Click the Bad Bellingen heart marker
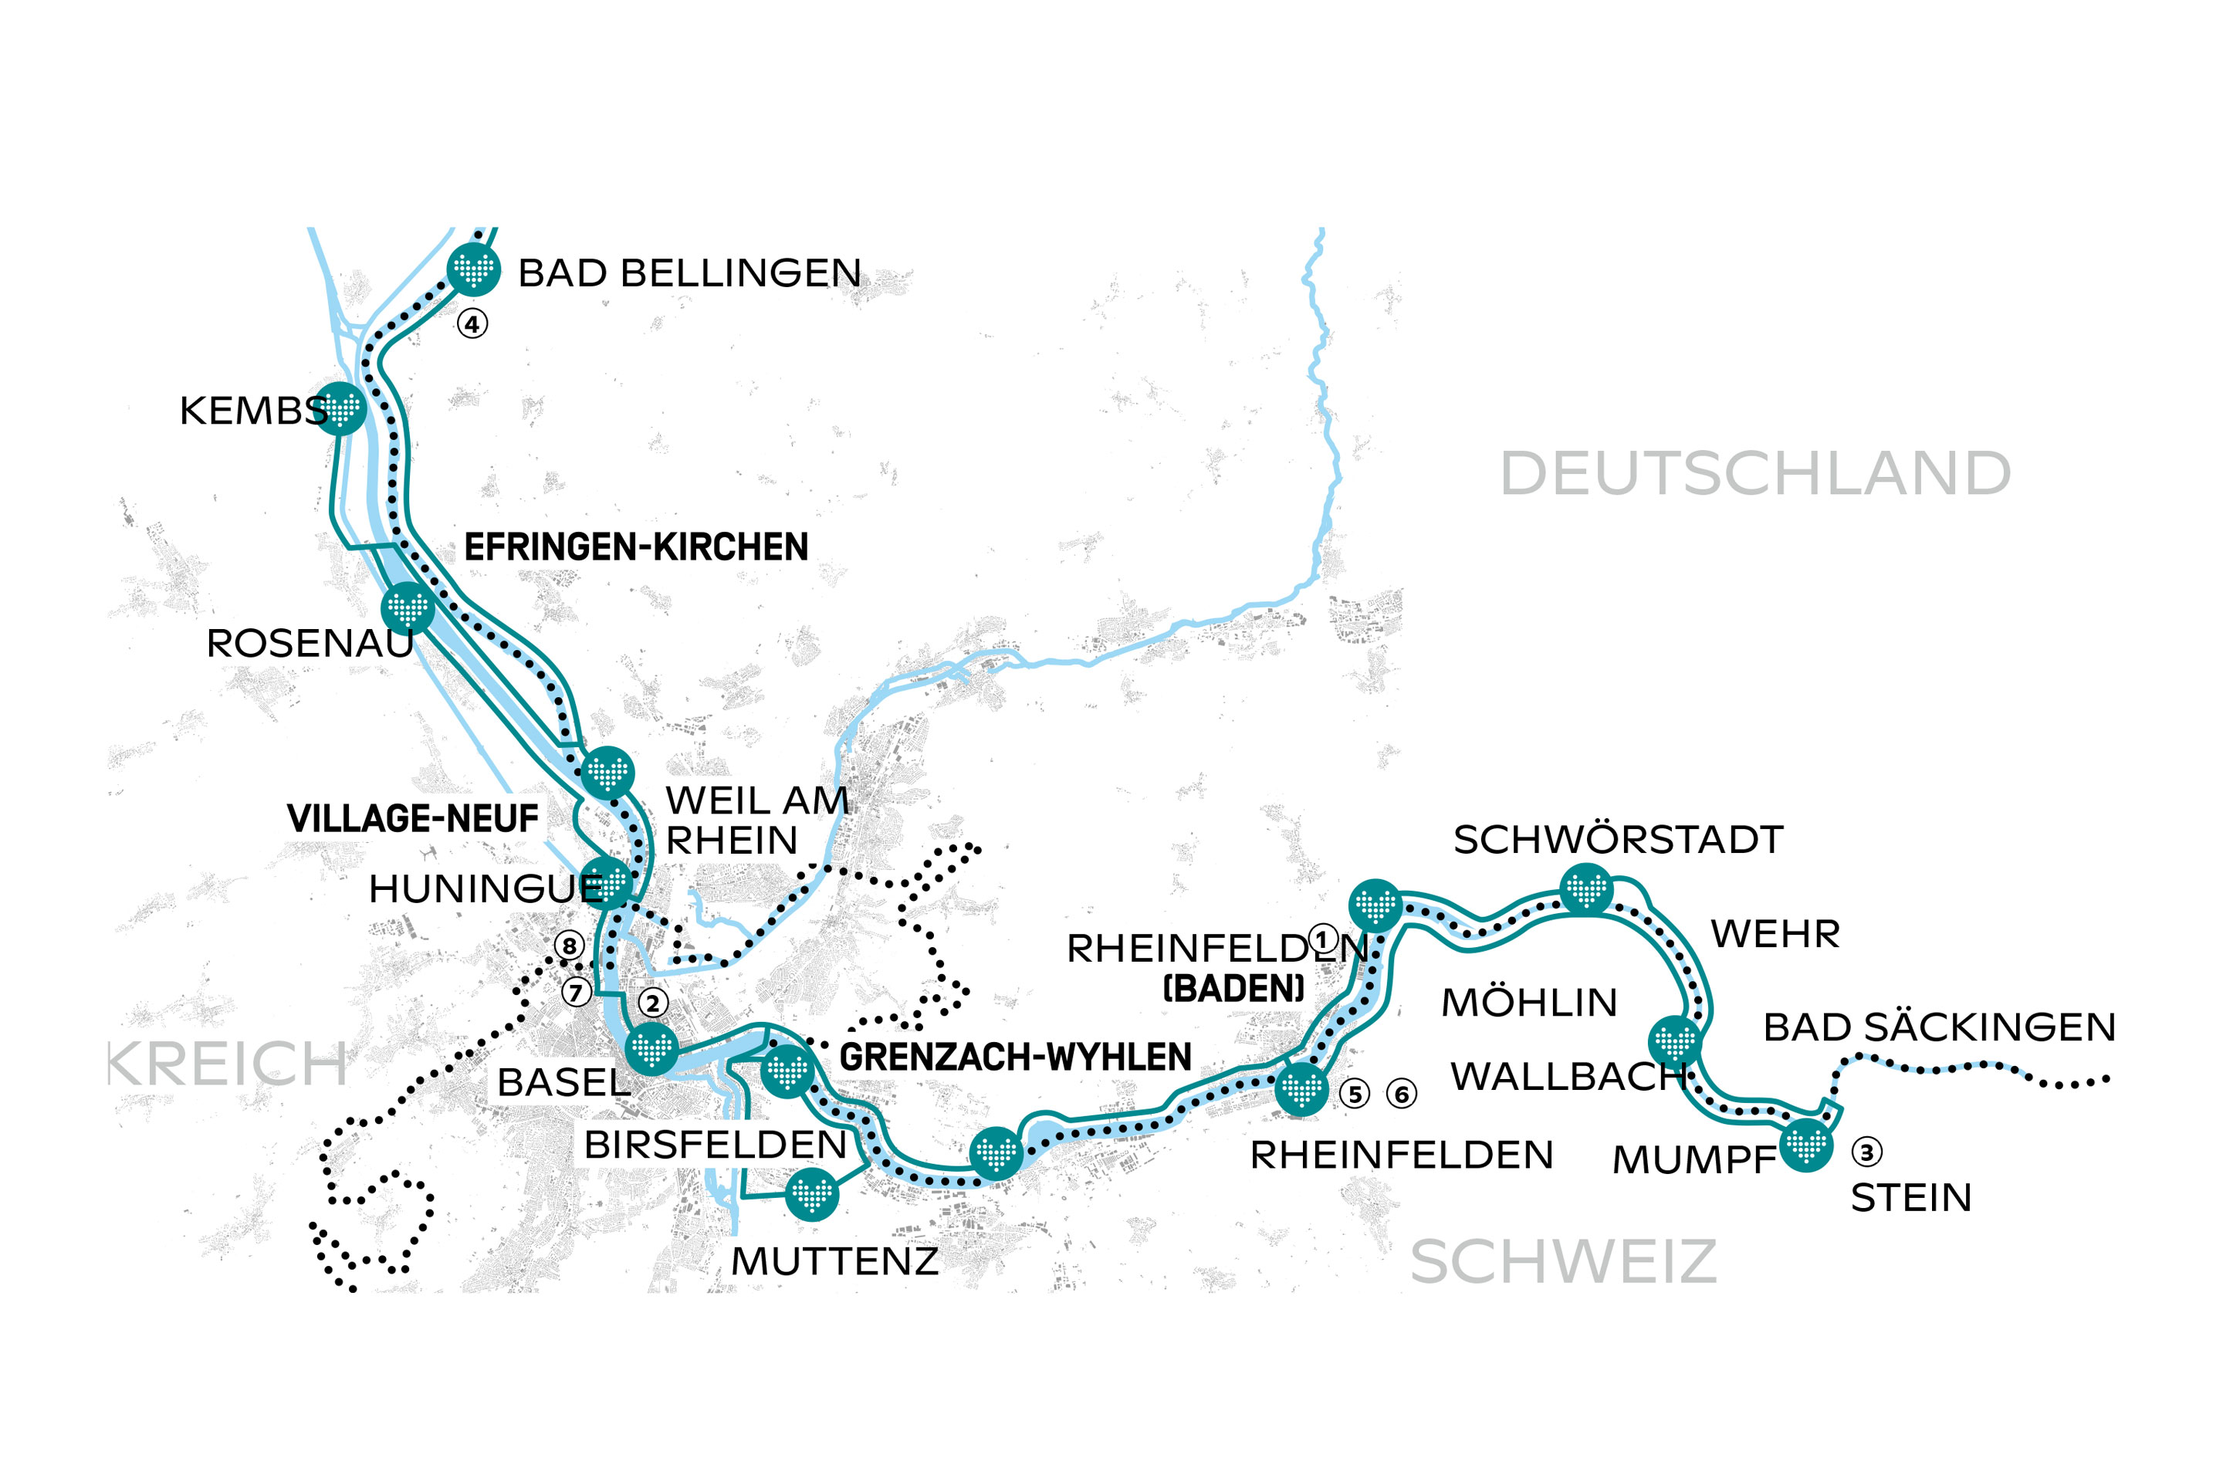(472, 269)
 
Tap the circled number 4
(472, 324)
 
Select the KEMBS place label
(253, 411)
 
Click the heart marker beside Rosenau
(408, 609)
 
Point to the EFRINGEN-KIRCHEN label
(636, 547)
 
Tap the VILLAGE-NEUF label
(412, 818)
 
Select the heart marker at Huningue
(607, 884)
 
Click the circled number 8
(568, 945)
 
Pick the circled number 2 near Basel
(652, 1003)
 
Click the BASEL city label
(563, 1083)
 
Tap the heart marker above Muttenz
(811, 1195)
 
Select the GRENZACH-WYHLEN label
(1015, 1057)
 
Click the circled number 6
(1401, 1095)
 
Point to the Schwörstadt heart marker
(1586, 889)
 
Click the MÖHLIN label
(1528, 1003)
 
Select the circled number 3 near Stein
(1866, 1152)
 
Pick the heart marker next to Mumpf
(1806, 1145)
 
